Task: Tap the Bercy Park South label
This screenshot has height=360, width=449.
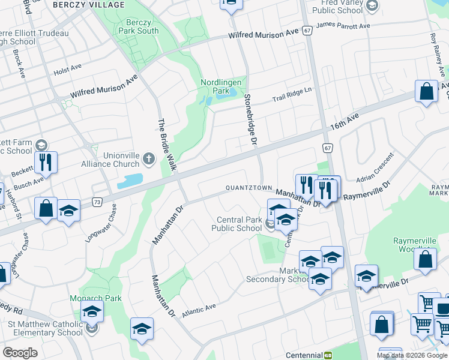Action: coord(139,26)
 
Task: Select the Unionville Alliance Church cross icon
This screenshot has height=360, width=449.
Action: coord(149,159)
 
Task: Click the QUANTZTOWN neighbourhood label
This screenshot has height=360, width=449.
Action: coord(249,188)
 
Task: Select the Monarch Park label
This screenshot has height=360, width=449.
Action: coord(97,298)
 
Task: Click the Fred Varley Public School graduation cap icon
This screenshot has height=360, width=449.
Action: coord(372,6)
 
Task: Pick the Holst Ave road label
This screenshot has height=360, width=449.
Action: coord(67,70)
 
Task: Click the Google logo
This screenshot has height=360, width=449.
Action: coord(20,353)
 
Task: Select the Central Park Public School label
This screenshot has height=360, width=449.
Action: coord(237,223)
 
